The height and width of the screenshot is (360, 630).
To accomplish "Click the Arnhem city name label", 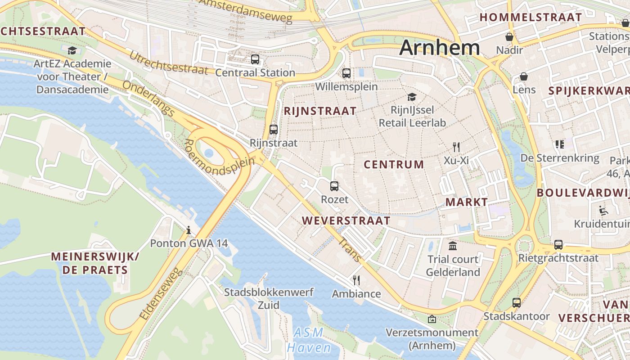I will tap(439, 48).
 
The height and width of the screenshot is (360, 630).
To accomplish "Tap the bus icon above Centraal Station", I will tap(255, 59).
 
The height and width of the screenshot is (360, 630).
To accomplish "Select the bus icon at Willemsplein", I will tap(346, 73).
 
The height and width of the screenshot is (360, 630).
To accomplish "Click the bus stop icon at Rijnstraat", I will tap(274, 130).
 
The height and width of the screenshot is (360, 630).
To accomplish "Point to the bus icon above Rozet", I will tap(334, 186).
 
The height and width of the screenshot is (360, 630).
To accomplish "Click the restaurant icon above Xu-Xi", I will tap(456, 147).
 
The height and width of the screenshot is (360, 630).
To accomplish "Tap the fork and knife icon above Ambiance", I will tap(356, 280).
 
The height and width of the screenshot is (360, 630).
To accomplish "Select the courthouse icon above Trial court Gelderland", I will tap(453, 246).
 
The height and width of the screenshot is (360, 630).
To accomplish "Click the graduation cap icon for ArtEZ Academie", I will tap(72, 50).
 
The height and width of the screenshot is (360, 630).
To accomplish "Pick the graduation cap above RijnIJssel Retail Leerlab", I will tap(412, 97).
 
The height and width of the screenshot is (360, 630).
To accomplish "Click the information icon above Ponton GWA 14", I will tap(189, 230).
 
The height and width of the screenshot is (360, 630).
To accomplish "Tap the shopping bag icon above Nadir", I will tap(509, 36).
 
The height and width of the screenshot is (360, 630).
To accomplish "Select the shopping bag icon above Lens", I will tap(524, 76).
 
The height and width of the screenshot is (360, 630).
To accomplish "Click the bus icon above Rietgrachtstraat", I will tap(558, 244).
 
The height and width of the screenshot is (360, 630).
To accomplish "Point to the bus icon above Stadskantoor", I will tap(517, 303).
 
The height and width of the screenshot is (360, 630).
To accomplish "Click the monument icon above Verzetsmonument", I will tap(432, 319).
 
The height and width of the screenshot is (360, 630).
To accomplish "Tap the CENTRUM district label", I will tap(394, 165).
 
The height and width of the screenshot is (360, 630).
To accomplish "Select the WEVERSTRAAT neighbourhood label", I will tap(346, 220).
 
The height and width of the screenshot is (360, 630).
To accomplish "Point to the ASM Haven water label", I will tap(309, 340).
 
